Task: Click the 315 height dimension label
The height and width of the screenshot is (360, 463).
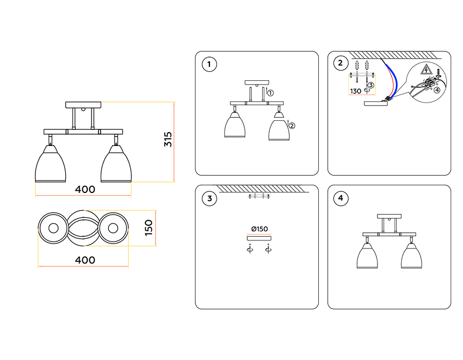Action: click(167, 140)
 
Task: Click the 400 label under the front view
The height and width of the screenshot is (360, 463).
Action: click(85, 189)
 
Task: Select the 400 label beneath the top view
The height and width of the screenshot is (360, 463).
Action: click(85, 260)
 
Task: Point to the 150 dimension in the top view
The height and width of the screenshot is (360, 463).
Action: click(149, 227)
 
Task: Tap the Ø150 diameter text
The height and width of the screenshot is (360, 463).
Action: click(258, 229)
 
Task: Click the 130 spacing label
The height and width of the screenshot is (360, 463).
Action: click(356, 91)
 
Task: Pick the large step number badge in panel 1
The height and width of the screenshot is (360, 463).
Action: click(209, 65)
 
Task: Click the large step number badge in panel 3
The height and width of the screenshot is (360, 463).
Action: click(209, 199)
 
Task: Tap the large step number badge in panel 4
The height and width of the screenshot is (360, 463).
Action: click(340, 199)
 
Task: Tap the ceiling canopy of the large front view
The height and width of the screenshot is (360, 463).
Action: click(83, 104)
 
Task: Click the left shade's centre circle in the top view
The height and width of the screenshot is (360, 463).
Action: click(53, 228)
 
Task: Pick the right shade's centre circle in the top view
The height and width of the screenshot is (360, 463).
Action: click(113, 228)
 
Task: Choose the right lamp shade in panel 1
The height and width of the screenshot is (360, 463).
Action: click(279, 129)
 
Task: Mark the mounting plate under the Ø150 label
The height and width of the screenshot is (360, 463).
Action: click(258, 238)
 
